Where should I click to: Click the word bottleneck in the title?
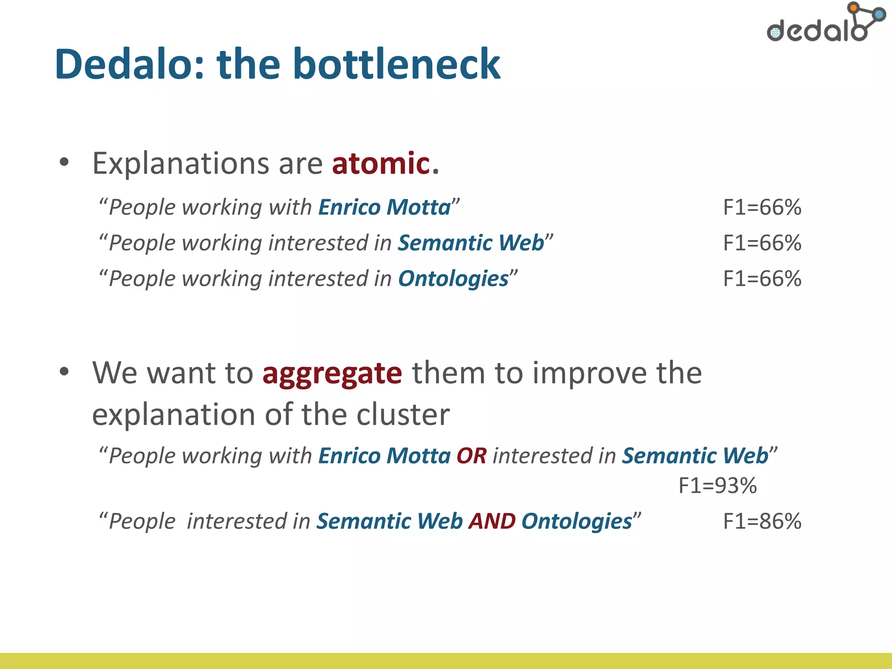tap(396, 64)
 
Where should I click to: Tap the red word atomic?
tap(381, 163)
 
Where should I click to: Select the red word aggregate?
tap(332, 374)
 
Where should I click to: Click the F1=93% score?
tap(717, 486)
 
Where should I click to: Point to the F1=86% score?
tap(762, 521)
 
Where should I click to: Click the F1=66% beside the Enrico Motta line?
tap(762, 207)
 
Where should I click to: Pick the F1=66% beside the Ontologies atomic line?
tap(762, 279)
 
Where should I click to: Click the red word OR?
tap(471, 456)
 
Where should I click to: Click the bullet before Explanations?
tap(64, 162)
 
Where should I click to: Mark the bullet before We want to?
tap(64, 372)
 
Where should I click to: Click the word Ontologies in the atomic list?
tap(453, 279)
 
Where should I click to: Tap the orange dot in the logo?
tap(853, 7)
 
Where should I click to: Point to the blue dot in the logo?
tap(880, 15)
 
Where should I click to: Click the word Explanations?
tap(181, 163)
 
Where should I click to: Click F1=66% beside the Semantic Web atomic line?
tap(762, 243)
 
